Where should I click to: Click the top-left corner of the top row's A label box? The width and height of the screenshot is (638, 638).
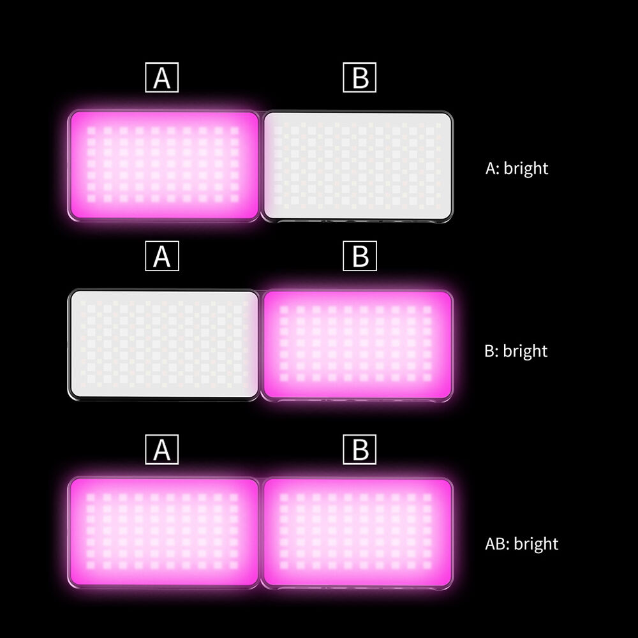[145, 63]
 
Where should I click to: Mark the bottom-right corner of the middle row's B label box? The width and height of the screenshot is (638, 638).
[377, 271]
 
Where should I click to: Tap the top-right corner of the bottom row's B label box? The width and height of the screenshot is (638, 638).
[376, 434]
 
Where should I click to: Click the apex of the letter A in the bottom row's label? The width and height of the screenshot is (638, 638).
[161, 441]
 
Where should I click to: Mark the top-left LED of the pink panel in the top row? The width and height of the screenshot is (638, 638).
[91, 131]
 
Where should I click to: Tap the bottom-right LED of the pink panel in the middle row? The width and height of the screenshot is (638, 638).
[427, 377]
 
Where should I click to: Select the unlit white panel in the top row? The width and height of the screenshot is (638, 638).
[358, 166]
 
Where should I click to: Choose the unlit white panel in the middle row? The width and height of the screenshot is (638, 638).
[163, 345]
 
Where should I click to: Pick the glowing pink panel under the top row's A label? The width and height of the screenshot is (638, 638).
[163, 166]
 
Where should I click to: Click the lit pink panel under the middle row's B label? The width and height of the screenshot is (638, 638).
[358, 345]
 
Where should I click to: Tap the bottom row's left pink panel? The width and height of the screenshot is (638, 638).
[163, 533]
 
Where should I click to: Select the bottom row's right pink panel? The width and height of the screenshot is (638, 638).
[358, 533]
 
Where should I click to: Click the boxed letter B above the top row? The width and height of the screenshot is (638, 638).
[360, 77]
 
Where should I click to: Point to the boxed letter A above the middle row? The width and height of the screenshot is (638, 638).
[162, 256]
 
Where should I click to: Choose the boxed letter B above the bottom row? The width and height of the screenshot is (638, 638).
[360, 450]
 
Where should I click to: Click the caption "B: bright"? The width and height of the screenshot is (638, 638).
[516, 351]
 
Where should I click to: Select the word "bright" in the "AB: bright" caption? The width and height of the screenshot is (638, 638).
[536, 544]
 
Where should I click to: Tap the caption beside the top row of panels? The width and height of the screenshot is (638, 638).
[517, 169]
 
